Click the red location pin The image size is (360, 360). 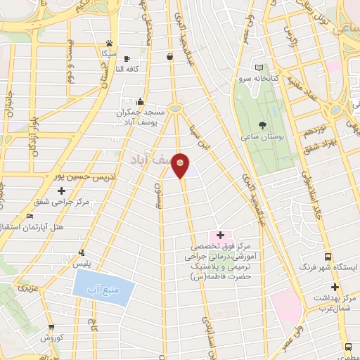pos(181,165)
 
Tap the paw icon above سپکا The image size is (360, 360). pos(109,42)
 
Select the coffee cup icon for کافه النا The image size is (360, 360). pos(127,58)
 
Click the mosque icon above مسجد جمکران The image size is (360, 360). pos(141,101)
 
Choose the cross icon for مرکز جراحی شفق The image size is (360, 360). pos(62,191)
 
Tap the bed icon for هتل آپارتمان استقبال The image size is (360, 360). pos(29,217)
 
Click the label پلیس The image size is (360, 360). pos(84,262)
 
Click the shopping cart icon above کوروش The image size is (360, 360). pos(51,327)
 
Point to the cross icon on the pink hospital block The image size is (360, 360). pos(220,235)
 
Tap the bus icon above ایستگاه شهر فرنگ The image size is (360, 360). pos(328,257)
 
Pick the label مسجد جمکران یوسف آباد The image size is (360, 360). pos(141,117)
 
